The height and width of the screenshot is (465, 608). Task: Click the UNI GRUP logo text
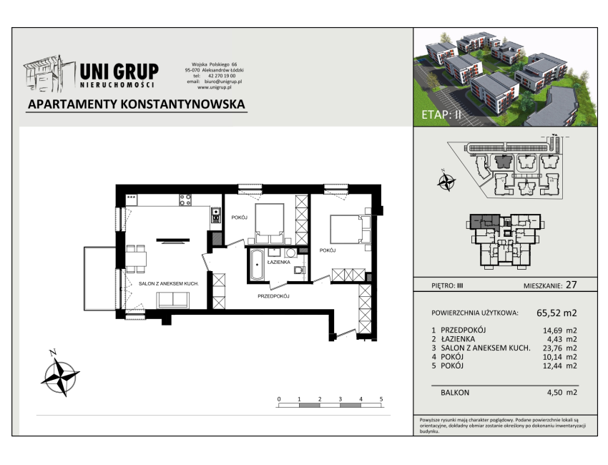119,72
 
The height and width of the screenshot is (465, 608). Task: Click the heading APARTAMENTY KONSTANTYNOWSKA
137,104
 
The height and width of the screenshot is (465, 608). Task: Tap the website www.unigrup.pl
215,87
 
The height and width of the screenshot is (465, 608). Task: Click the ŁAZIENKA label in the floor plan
278,262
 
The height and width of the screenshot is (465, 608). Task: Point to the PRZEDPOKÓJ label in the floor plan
273,296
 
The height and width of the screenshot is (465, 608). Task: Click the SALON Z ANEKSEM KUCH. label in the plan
169,284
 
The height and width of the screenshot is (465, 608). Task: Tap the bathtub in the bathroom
257,265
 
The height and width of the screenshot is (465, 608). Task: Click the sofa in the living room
173,300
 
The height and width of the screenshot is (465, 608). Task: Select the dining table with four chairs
136,259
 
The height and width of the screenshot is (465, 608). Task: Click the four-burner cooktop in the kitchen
185,200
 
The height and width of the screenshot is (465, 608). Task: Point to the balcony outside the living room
100,278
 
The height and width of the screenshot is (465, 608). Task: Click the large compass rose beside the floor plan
60,376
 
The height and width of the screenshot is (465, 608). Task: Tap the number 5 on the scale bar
381,399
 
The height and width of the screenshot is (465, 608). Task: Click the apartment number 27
572,285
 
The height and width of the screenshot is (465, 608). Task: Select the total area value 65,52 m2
556,313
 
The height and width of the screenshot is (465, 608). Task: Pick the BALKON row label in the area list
455,393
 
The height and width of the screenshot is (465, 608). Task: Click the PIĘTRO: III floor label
447,286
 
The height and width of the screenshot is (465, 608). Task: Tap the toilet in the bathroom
299,269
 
